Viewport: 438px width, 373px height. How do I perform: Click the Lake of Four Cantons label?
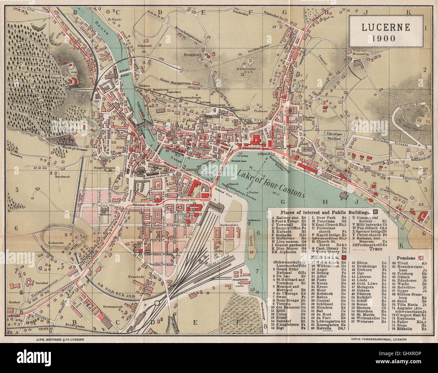tap(271, 184)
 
